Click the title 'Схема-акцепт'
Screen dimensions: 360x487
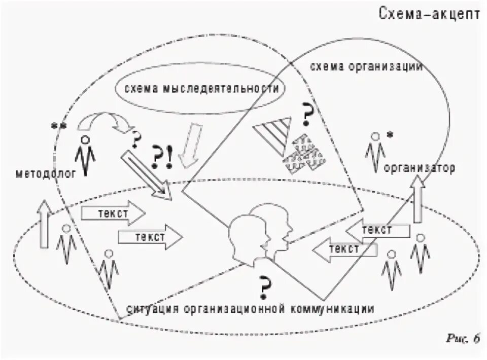tap(429, 14)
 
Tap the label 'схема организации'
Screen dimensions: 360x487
tap(366, 67)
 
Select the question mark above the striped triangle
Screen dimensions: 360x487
tap(306, 115)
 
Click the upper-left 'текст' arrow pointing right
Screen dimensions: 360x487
tap(113, 213)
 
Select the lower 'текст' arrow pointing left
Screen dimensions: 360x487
tap(345, 249)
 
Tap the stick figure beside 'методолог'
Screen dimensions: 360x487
tap(85, 155)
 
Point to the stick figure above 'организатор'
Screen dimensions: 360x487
tap(375, 150)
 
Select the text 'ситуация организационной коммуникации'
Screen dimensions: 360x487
tap(251, 309)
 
